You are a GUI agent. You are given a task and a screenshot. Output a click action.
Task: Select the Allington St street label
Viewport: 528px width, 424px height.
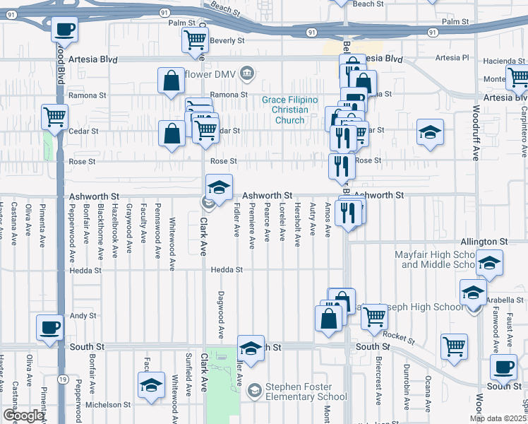click(484, 242)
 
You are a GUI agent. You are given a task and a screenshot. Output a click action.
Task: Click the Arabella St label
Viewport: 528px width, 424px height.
click(505, 300)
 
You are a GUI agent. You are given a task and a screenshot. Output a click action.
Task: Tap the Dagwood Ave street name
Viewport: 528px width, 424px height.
click(220, 314)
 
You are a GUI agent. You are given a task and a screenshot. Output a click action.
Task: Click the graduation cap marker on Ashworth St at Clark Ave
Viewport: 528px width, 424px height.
click(219, 187)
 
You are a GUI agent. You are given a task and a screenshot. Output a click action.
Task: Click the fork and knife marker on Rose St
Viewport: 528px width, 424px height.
click(341, 166)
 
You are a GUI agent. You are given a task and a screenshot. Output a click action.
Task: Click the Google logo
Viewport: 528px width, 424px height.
click(23, 416)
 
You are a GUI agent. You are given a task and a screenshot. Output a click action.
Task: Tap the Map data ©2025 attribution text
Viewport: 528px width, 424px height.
click(498, 418)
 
